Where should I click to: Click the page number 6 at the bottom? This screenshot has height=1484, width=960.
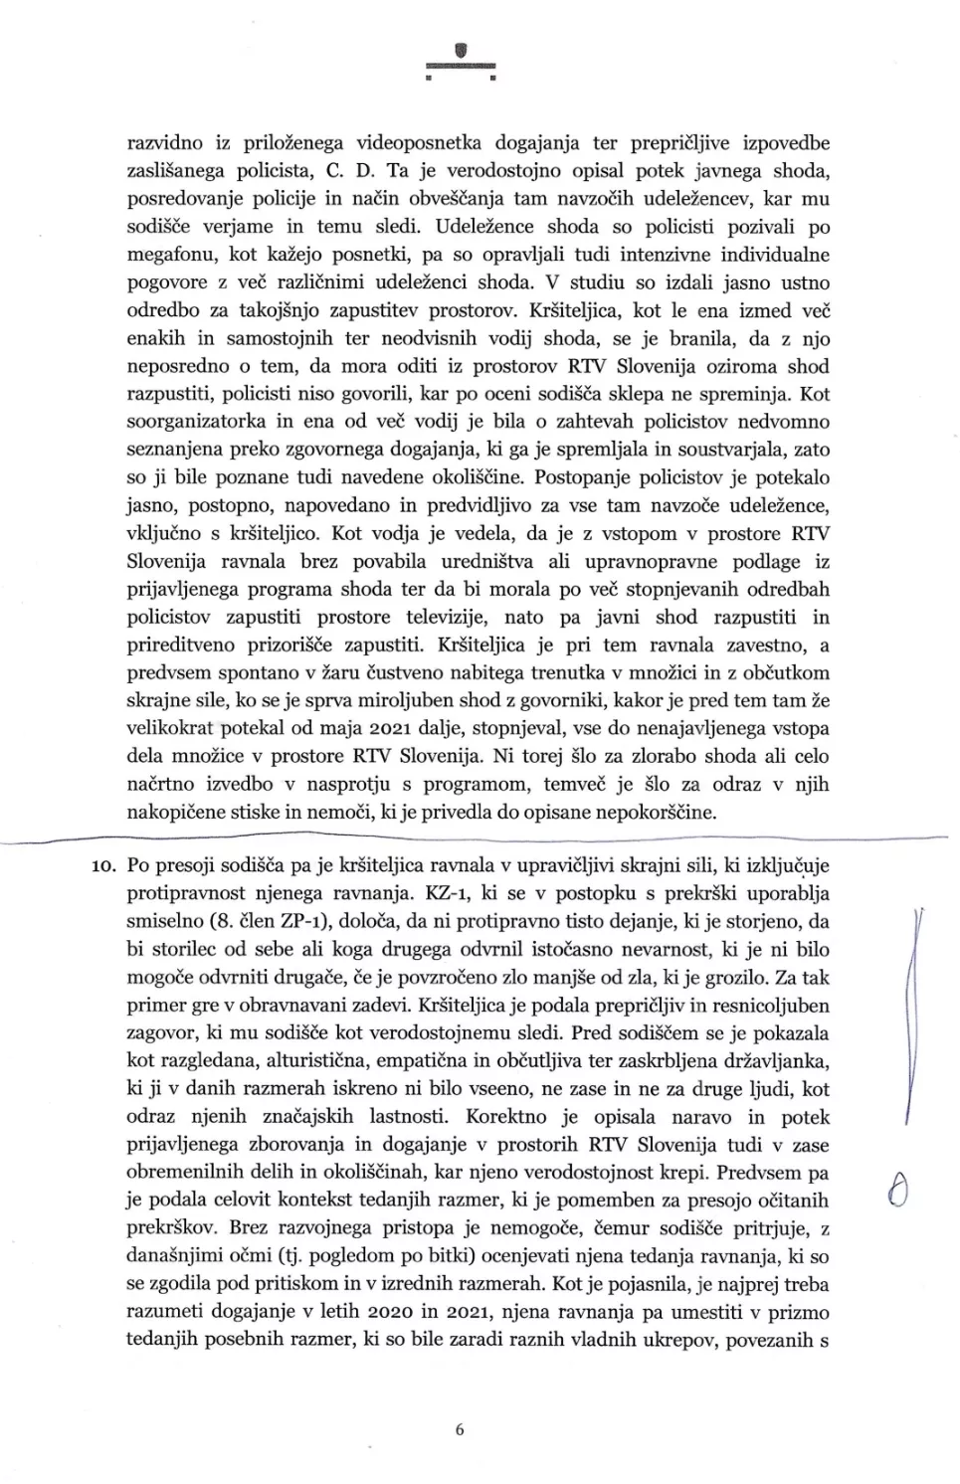tap(459, 1430)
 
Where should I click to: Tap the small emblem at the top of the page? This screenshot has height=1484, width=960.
tap(460, 52)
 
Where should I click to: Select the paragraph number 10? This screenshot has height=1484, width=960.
tap(103, 866)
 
